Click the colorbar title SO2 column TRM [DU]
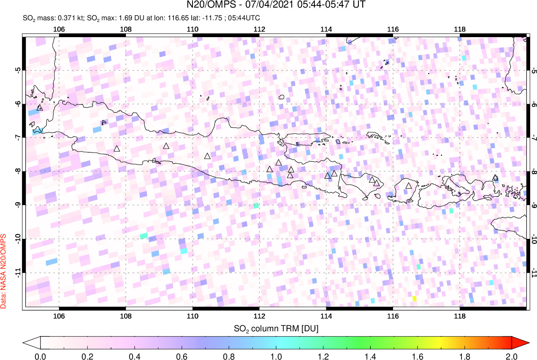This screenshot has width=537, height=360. [x=276, y=328]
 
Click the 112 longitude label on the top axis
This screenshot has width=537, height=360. [x=259, y=29]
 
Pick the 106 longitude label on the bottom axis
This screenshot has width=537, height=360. [x=59, y=316]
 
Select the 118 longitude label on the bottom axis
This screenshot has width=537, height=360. [x=460, y=316]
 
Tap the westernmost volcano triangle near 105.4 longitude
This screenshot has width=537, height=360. [x=40, y=108]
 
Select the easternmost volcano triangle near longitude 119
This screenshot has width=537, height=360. [x=495, y=178]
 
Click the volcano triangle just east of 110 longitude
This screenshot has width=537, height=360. [x=207, y=156]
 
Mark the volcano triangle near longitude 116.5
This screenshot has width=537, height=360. [x=408, y=185]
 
